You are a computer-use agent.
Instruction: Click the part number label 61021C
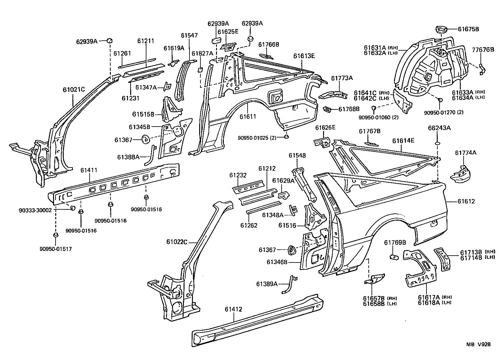click(74, 89)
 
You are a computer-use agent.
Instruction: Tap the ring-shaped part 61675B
click(441, 30)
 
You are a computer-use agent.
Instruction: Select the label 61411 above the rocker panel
click(89, 170)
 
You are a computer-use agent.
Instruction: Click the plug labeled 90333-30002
click(72, 208)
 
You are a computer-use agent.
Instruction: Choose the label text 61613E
click(304, 56)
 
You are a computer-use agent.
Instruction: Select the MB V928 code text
click(479, 344)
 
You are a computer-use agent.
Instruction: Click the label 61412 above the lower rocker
click(233, 309)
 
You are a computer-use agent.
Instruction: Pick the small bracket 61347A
click(168, 87)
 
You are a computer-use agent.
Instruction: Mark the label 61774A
click(465, 152)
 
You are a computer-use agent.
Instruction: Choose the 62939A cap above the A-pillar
click(110, 40)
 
